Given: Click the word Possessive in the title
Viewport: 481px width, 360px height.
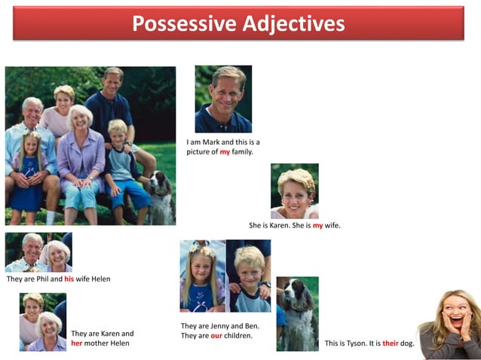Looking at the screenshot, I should pos(181,23).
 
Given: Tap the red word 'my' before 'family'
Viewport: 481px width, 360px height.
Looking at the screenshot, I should pos(225,151).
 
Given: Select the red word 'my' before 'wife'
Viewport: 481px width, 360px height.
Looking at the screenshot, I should pos(317,225).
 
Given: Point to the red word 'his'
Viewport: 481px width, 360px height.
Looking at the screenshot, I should pos(69,279).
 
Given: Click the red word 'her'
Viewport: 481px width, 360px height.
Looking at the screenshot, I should pos(76,343).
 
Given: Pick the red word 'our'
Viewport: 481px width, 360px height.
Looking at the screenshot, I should pos(216,336).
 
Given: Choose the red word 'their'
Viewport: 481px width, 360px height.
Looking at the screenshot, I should pos(390,343).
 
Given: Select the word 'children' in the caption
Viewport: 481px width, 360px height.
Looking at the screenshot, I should pos(238,336).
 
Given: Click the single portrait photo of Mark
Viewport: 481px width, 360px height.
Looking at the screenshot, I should pos(223,99).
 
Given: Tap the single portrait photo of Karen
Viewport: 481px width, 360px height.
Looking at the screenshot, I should pos(295,191).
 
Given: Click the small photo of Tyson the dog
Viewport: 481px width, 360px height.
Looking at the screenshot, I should pos(297,313).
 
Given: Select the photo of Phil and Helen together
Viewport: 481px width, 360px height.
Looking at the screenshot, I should pos(38,252).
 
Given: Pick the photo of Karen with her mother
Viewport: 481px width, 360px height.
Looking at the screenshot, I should pos(43,322).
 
